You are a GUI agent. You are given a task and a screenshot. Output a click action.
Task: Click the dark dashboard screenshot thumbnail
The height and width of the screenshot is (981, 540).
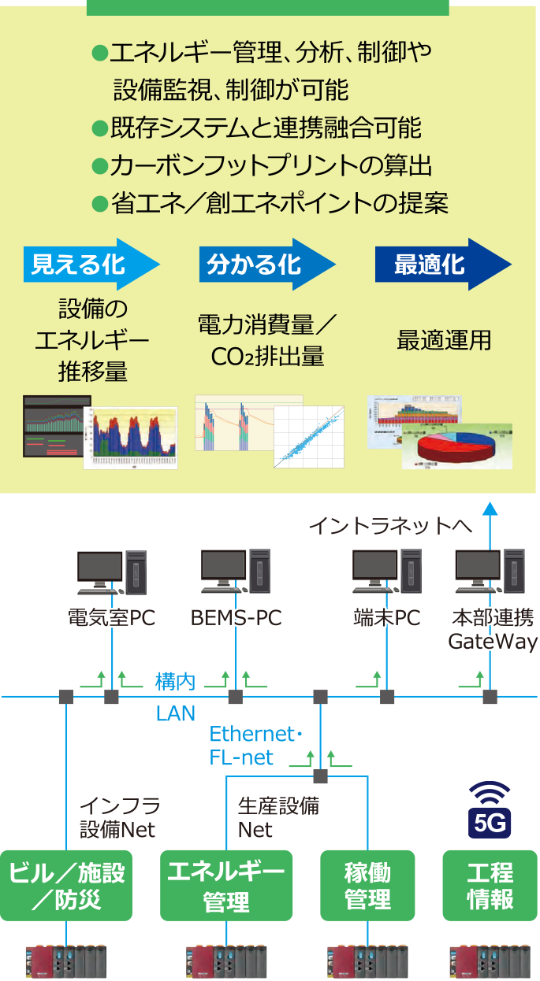pyautogui.click(x=54, y=426)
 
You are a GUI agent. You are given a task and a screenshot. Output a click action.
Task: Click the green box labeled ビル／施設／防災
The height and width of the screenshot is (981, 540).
pyautogui.click(x=66, y=886)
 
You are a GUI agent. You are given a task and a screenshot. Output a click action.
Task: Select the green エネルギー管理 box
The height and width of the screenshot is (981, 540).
pyautogui.click(x=226, y=886)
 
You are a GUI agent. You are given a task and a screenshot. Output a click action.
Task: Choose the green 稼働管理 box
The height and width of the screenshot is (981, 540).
pyautogui.click(x=367, y=886)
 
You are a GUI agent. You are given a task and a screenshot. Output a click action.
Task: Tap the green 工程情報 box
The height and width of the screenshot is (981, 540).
pyautogui.click(x=490, y=886)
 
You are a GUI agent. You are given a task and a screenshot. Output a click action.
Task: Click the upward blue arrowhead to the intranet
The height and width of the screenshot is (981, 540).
pyautogui.click(x=490, y=509)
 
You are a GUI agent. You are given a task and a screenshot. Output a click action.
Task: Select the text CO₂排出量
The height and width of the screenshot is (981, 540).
pyautogui.click(x=267, y=357)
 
